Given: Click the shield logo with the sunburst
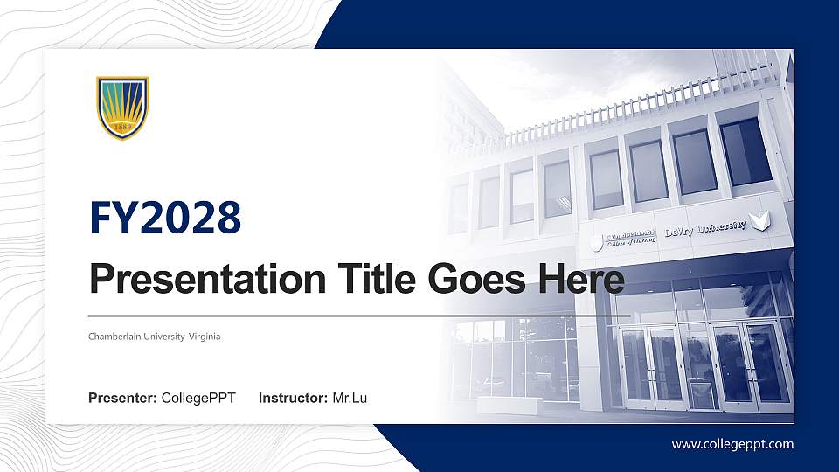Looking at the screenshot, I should click(x=122, y=108).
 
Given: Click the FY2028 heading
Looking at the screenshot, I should click(x=165, y=218).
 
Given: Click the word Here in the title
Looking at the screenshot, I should click(x=582, y=280).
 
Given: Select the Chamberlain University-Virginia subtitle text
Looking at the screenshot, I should click(x=154, y=337).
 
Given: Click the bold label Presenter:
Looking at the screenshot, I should click(x=122, y=399).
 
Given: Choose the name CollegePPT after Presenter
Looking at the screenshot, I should click(x=198, y=399).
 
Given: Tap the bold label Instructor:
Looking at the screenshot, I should click(x=294, y=399).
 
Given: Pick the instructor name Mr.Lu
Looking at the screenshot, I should click(x=350, y=399).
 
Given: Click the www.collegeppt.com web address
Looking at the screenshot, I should click(x=732, y=444).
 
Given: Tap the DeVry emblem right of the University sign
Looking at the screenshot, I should click(x=762, y=220).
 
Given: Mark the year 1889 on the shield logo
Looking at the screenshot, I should click(x=122, y=128).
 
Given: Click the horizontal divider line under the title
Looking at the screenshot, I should click(x=358, y=315).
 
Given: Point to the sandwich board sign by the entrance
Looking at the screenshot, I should click(x=703, y=393).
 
